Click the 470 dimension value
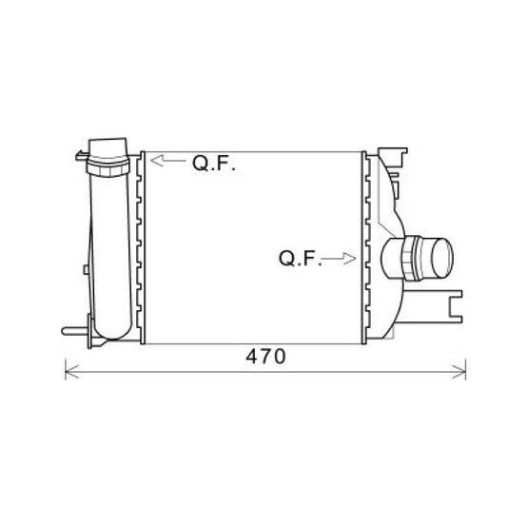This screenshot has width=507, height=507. coord(265,357)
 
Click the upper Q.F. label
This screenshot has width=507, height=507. coord(214,163)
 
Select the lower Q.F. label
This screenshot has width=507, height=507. coord(300,258)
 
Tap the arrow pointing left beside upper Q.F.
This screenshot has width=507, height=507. coord(168,161)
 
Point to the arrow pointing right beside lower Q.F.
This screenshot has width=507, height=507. coord(339,259)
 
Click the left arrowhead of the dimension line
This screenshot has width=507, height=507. coord(70,372)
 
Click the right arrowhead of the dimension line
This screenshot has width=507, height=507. coord(459,372)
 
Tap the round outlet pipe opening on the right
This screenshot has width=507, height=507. coord(441,258)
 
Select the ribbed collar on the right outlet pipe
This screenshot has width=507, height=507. coord(412,258)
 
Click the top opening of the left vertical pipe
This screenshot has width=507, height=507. coord(108,148)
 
